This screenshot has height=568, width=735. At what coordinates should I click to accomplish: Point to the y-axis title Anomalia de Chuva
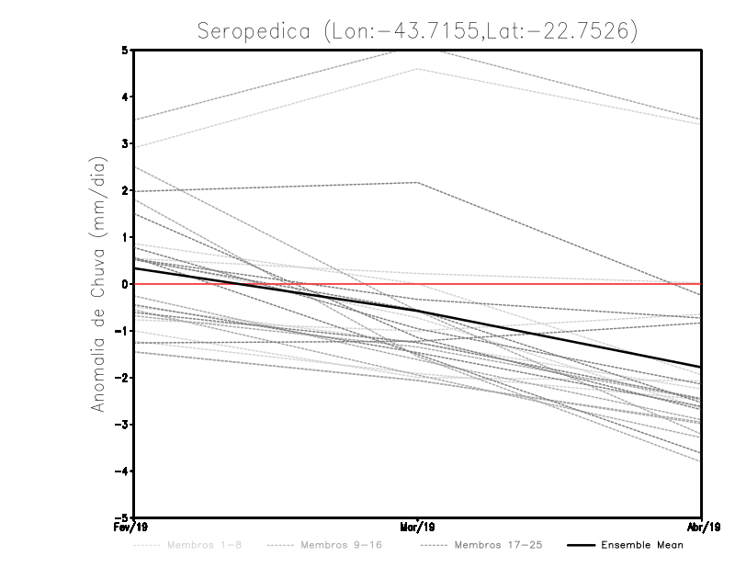(98, 283)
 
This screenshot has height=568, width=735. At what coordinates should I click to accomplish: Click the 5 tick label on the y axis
(126, 50)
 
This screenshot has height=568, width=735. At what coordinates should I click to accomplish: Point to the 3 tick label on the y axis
(126, 143)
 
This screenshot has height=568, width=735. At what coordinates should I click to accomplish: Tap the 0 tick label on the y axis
(126, 284)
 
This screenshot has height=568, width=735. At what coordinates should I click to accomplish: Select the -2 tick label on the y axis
(123, 378)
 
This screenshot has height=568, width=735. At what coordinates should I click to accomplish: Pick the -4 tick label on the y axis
(123, 471)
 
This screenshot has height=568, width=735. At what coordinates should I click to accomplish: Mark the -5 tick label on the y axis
(123, 517)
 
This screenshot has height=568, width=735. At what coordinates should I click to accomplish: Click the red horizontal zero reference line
(551, 284)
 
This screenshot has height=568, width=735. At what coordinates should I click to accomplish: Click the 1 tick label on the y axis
(126, 237)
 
